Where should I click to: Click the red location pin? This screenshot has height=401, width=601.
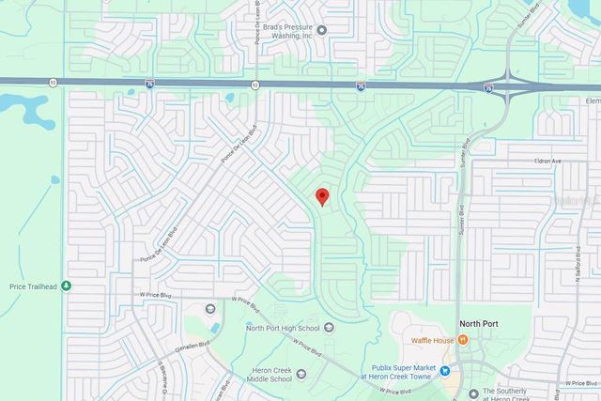(322, 195)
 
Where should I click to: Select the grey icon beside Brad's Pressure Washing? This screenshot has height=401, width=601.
(322, 29)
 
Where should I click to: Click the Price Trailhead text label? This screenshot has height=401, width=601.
(32, 285)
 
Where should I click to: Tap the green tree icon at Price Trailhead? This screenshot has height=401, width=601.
(66, 285)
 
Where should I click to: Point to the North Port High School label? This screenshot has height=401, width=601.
(283, 328)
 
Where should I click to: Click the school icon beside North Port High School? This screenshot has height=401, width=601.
(330, 328)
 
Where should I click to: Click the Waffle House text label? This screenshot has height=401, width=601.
(432, 340)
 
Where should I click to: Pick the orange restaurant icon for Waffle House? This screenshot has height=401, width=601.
(463, 340)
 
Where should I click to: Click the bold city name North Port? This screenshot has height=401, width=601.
(478, 324)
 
